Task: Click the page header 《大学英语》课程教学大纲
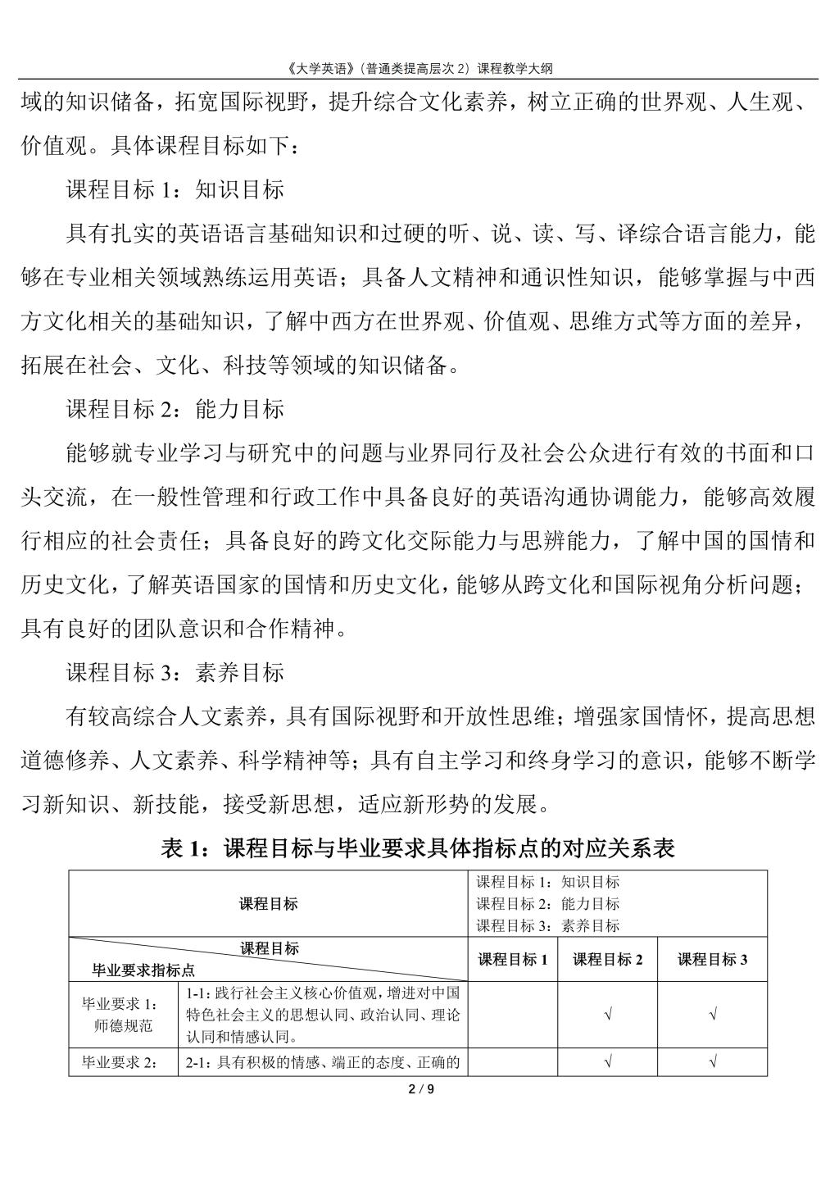pyautogui.click(x=419, y=68)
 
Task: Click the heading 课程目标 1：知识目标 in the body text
pyautogui.click(x=175, y=190)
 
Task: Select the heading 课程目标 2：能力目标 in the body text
pyautogui.click(x=175, y=408)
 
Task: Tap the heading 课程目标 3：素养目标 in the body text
pyautogui.click(x=175, y=673)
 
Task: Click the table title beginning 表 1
pyautogui.click(x=419, y=848)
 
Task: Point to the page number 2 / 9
pyautogui.click(x=420, y=1089)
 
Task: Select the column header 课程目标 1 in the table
pyautogui.click(x=513, y=959)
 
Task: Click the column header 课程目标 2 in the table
pyautogui.click(x=607, y=959)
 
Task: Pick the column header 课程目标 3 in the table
pyautogui.click(x=712, y=959)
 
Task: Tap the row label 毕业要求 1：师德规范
pyautogui.click(x=123, y=1015)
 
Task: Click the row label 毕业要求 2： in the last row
pyautogui.click(x=123, y=1063)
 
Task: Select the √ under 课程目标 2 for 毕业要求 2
pyautogui.click(x=607, y=1063)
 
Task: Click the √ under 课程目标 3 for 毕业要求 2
pyautogui.click(x=712, y=1063)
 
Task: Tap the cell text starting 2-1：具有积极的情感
pyautogui.click(x=323, y=1063)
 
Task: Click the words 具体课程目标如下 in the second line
pyautogui.click(x=197, y=147)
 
